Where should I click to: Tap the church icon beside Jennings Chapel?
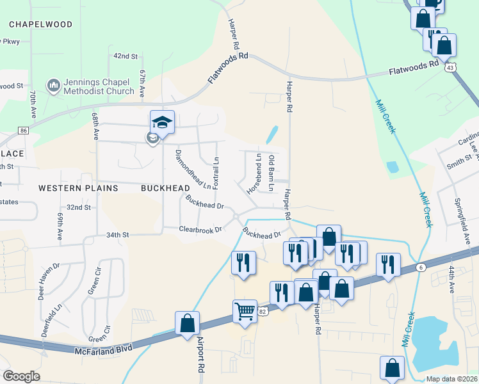(x=53, y=84)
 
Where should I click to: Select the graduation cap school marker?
(x=163, y=122)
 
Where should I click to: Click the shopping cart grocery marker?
(x=245, y=312)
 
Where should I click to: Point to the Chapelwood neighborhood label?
(x=40, y=24)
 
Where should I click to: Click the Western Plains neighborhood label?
(x=78, y=188)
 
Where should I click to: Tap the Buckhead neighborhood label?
(x=165, y=188)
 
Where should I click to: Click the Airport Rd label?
(x=200, y=355)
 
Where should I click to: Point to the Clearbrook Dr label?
(x=200, y=229)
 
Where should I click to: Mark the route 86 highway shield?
(x=24, y=131)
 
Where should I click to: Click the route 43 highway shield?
(x=451, y=67)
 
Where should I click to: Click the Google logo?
(x=21, y=376)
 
